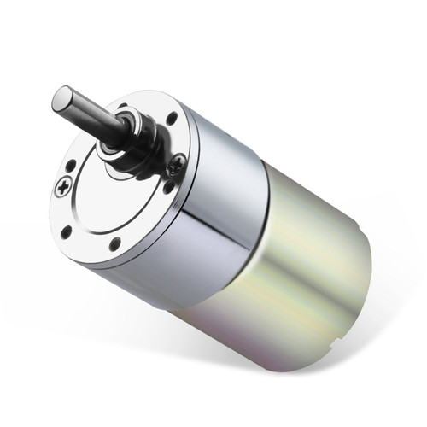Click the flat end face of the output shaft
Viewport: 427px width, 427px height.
(63, 98)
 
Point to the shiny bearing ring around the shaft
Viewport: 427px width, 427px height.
(108, 152)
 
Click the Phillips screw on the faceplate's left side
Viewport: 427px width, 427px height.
(61, 188)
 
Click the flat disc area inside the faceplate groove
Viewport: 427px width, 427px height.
(111, 196)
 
